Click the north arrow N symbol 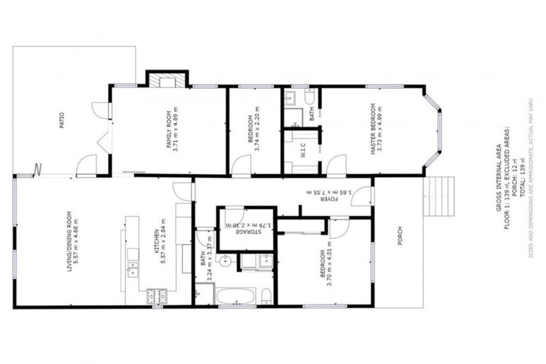[38, 169]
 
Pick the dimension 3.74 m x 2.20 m [257, 129]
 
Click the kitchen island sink [132, 268]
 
